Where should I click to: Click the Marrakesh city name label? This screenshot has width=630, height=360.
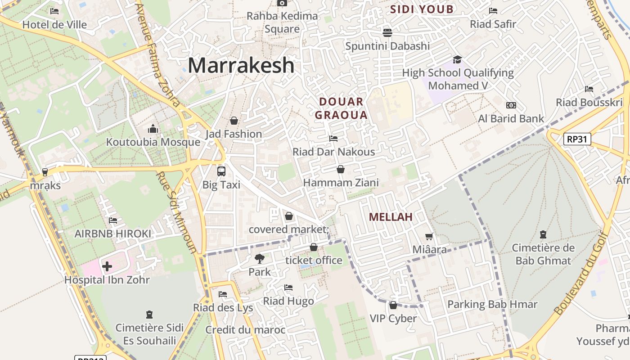(x=241, y=65)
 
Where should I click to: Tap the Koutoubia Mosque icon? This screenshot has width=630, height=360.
(x=153, y=129)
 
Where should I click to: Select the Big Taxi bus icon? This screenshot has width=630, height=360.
(x=221, y=171)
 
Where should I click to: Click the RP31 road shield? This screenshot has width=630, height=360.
(x=577, y=139)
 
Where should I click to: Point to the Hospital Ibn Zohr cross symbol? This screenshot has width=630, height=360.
(x=107, y=266)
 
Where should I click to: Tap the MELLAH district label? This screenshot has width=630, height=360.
(x=391, y=217)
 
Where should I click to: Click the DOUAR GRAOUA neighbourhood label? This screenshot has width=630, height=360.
(x=341, y=108)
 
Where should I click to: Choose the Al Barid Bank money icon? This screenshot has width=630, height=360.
(x=511, y=105)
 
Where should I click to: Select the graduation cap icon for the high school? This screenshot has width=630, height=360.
(x=457, y=60)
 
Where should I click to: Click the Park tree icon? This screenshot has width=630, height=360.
(x=259, y=258)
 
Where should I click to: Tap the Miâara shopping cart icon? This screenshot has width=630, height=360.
(x=429, y=236)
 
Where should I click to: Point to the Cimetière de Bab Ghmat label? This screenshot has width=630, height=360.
(x=543, y=254)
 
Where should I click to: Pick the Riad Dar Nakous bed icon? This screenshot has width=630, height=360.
(x=333, y=138)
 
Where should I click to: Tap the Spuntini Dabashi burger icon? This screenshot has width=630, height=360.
(x=387, y=32)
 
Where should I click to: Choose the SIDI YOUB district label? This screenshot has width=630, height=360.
(x=422, y=9)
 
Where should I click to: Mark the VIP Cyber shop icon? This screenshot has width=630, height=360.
(x=393, y=305)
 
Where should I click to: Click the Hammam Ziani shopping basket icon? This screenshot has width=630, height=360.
(x=341, y=169)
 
